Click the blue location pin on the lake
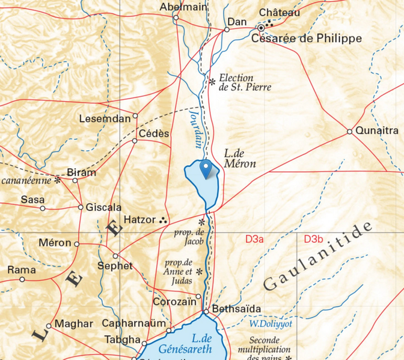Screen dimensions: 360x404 (x=206, y=169)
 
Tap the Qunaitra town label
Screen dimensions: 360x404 (x=377, y=130)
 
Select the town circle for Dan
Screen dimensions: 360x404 (x=227, y=29)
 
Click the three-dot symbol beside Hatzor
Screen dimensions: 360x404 (x=163, y=221)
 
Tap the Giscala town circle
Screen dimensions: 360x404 (x=81, y=207)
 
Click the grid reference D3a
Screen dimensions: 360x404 (x=255, y=239)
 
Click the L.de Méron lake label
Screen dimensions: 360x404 (x=240, y=158)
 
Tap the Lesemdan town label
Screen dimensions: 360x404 (x=105, y=119)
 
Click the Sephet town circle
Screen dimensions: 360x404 (x=115, y=256)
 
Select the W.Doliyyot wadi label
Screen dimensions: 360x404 (x=270, y=323)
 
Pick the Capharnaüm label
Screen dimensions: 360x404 (x=133, y=323)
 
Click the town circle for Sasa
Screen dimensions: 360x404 (x=43, y=209)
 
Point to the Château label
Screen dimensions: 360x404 (x=280, y=13)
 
